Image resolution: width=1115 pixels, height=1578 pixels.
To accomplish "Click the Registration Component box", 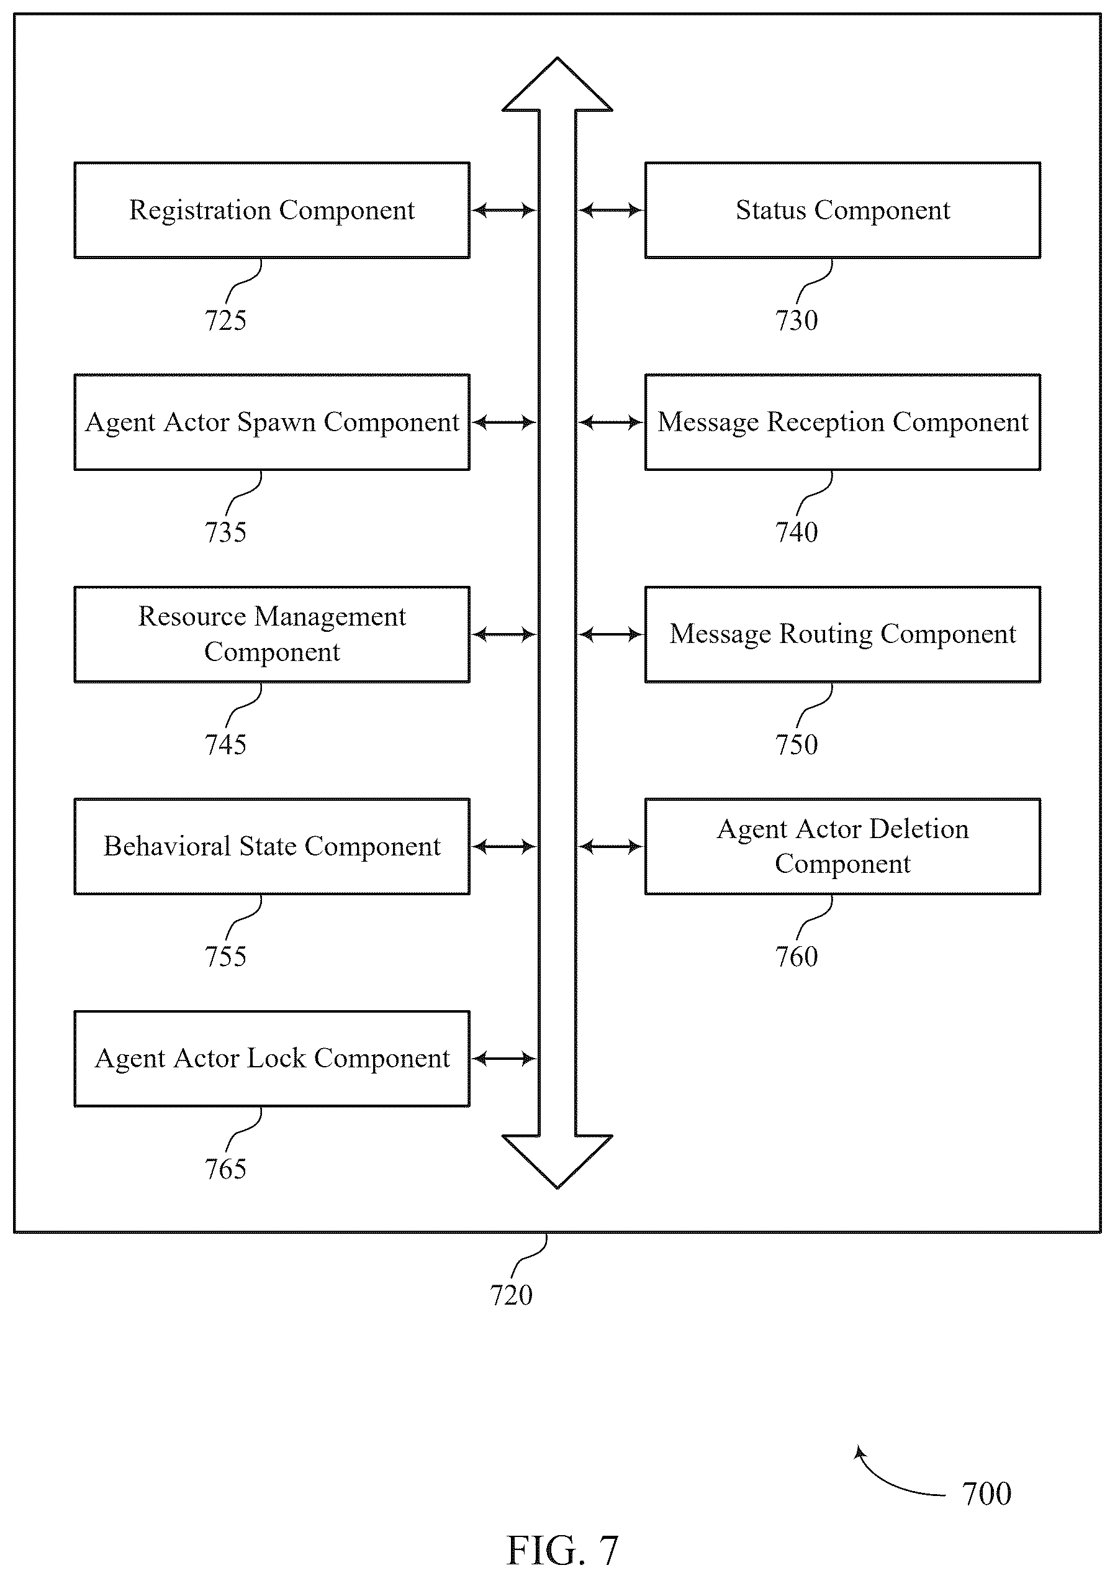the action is click(x=272, y=211).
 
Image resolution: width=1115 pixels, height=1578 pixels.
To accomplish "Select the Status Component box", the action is click(x=843, y=211).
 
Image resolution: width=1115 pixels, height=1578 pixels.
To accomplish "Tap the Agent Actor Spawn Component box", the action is click(x=272, y=422).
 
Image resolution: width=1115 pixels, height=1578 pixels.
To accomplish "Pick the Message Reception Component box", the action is click(x=843, y=422).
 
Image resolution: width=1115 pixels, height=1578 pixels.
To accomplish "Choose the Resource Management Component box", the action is click(x=272, y=634).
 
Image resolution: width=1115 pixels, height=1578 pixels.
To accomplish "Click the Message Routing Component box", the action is click(x=843, y=634).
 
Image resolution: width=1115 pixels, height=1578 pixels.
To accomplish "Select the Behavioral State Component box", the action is click(x=272, y=846).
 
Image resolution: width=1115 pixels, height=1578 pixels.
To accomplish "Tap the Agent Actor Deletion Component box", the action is click(x=843, y=846).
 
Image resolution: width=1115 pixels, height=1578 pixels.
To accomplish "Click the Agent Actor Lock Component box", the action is click(x=272, y=1059).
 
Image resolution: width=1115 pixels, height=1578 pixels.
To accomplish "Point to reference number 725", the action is click(x=225, y=321).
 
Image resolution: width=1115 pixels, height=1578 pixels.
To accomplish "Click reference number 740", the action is click(x=797, y=532).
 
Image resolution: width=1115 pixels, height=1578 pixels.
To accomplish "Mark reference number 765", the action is click(x=225, y=1169).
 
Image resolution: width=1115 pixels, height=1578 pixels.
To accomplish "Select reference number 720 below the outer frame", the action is click(x=511, y=1295).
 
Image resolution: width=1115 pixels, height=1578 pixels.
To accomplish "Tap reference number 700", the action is click(x=986, y=1494).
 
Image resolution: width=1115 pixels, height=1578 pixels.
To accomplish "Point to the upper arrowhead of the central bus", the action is click(x=557, y=84).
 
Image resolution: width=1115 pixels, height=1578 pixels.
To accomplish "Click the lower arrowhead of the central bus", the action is click(x=557, y=1162).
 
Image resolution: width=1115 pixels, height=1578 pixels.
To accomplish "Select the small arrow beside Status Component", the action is click(x=610, y=211).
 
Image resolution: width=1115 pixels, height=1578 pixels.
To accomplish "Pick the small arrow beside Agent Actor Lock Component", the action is click(x=504, y=1059).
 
